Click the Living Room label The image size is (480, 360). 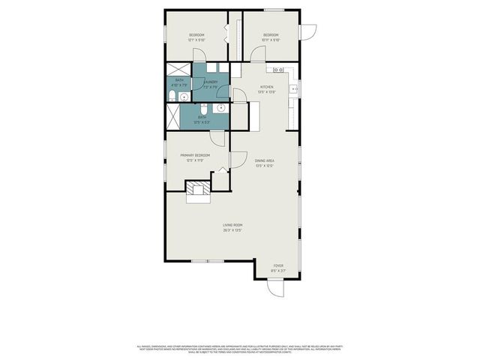point(232,225)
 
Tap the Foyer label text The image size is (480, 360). point(278,265)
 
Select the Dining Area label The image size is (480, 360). point(264,160)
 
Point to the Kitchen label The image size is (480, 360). point(267,88)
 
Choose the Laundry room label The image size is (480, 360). point(210,82)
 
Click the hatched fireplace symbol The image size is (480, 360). point(199,190)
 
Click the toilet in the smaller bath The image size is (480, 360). point(174,96)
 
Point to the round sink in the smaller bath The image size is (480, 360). point(184,96)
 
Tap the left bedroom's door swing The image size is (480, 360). point(199,54)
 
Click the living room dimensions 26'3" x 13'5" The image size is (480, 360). point(232,230)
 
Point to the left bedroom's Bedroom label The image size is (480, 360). point(197,35)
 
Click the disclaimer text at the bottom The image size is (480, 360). point(240,349)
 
